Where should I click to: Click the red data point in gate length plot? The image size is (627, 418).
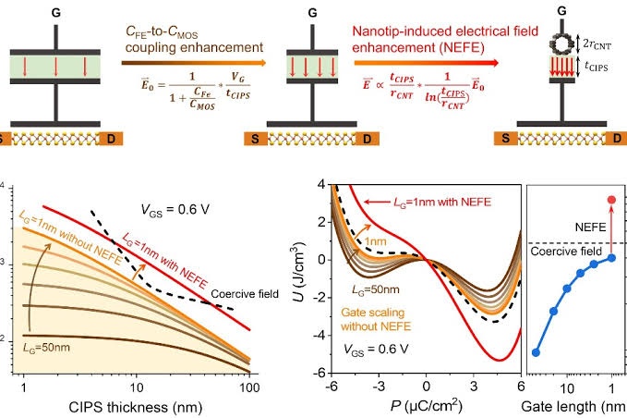(611, 200)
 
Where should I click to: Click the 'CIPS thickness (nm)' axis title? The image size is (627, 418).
(136, 404)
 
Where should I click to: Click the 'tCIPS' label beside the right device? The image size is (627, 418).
(607, 68)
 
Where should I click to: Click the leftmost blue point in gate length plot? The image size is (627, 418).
(537, 352)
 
